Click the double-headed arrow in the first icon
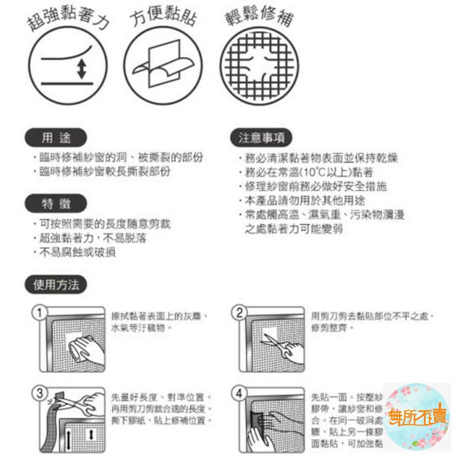point(82,69)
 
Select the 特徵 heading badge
point(56,204)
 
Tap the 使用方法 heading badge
point(56,285)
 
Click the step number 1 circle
point(40,313)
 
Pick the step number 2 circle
point(240,313)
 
